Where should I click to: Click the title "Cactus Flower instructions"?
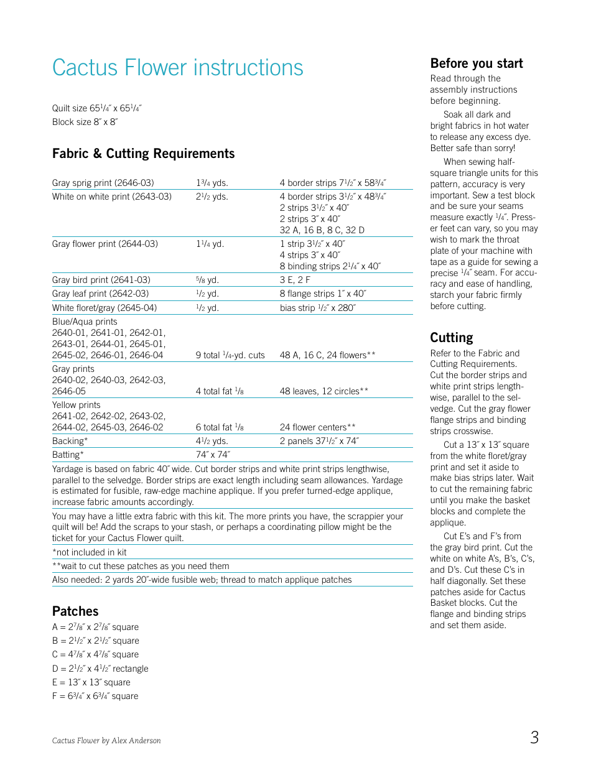tap(178, 68)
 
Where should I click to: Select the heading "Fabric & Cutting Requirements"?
tap(144, 154)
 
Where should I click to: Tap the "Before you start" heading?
tap(477, 63)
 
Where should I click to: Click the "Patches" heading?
tap(75, 611)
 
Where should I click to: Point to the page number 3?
tap(534, 738)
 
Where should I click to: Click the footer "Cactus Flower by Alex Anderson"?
tap(106, 741)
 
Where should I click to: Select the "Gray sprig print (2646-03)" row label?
tap(103, 183)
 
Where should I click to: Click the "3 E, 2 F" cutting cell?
tap(295, 280)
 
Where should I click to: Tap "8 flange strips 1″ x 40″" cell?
tap(323, 294)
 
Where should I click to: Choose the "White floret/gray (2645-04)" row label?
tap(105, 308)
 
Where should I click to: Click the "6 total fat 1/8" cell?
tap(220, 427)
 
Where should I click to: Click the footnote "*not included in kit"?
tap(90, 552)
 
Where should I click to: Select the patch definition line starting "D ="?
tap(100, 669)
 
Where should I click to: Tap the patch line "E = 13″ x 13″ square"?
tap(91, 682)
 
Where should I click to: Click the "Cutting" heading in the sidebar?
tap(452, 338)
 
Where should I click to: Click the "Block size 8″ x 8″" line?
tap(85, 122)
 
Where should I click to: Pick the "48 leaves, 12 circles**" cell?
tap(324, 391)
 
